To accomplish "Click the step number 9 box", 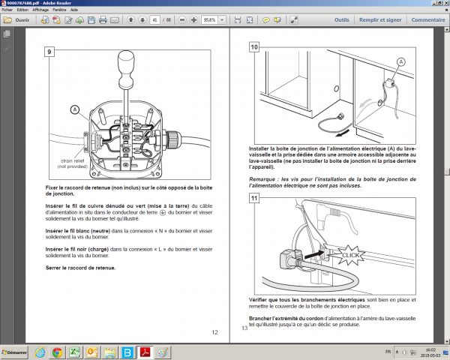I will pyautogui.click(x=50, y=52).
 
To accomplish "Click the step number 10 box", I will pyautogui.click(x=254, y=48).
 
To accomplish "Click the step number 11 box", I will pyautogui.click(x=254, y=199).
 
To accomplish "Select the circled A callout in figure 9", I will pyautogui.click(x=74, y=109).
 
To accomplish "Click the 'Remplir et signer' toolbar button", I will pyautogui.click(x=379, y=20).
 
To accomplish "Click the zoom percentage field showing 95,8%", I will pyautogui.click(x=211, y=20).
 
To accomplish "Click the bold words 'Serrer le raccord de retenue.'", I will pyautogui.click(x=80, y=268).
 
